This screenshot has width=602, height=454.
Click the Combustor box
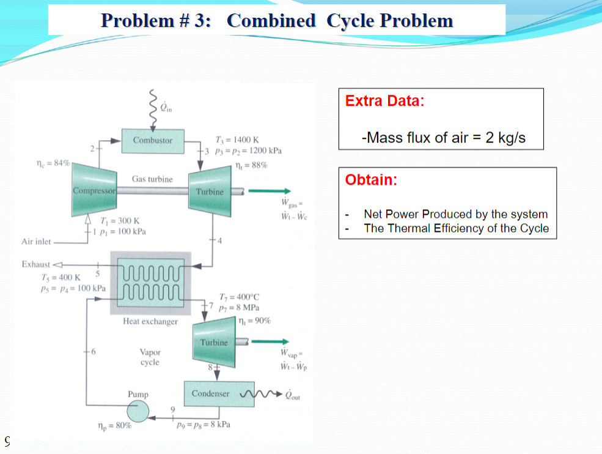pyautogui.click(x=153, y=140)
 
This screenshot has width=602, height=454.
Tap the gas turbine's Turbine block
pyautogui.click(x=210, y=191)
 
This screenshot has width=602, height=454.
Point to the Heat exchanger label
pyautogui.click(x=150, y=321)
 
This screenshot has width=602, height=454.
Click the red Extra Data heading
pyautogui.click(x=384, y=101)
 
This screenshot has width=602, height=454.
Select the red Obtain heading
pyautogui.click(x=371, y=180)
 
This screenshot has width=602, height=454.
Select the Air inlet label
pyautogui.click(x=36, y=242)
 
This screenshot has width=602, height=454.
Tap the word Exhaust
pyautogui.click(x=35, y=264)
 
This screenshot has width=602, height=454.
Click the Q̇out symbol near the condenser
pyautogui.click(x=293, y=395)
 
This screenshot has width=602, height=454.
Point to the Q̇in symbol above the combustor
pyautogui.click(x=167, y=108)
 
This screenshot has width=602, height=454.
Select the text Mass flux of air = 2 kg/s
pyautogui.click(x=444, y=137)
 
